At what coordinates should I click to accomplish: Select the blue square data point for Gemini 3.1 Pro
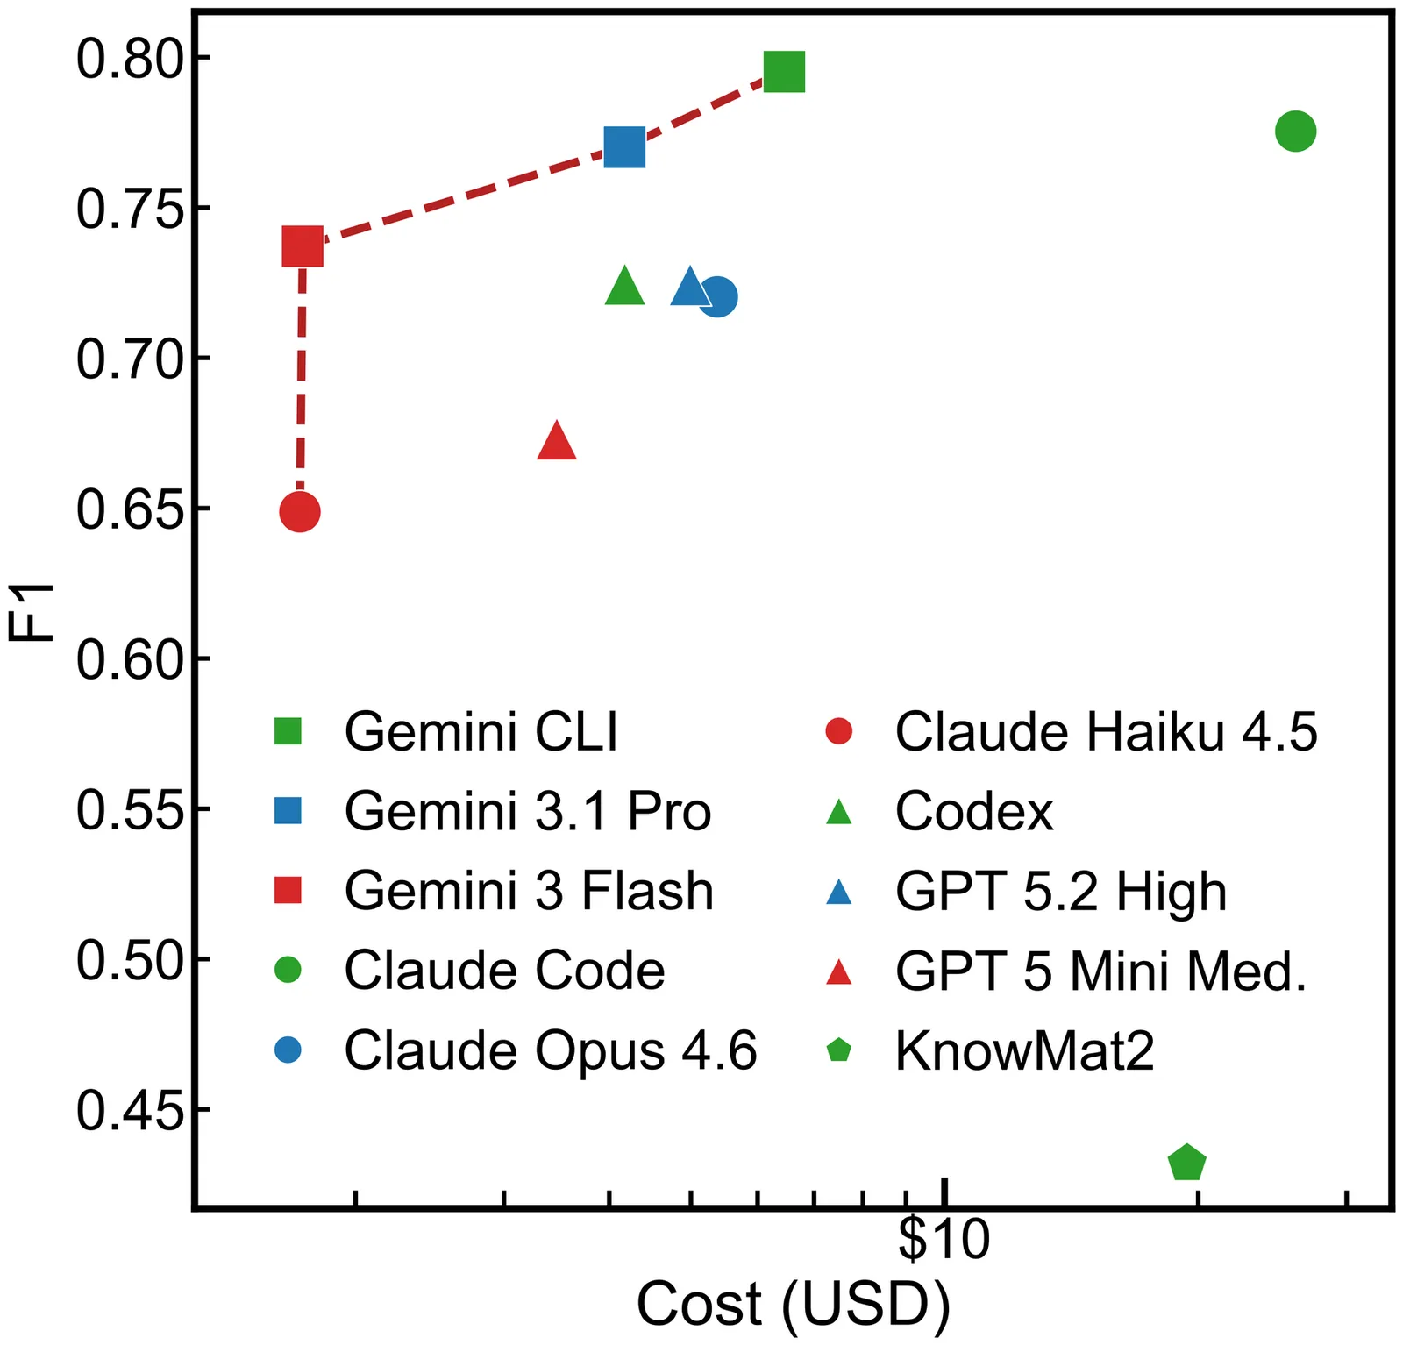[x=624, y=147]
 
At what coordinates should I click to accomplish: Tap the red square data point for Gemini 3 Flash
[x=303, y=246]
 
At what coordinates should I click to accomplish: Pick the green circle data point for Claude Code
[x=1295, y=132]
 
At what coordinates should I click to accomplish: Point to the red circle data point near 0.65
[x=300, y=512]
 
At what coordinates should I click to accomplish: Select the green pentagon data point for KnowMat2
[x=1187, y=1164]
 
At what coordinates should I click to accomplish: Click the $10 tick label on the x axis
[x=944, y=1240]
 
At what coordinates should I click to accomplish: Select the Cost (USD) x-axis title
[x=793, y=1305]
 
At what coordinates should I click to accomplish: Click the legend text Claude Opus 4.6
[x=550, y=1050]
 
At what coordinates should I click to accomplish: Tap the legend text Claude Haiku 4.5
[x=1106, y=731]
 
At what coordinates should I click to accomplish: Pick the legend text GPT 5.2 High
[x=1060, y=892]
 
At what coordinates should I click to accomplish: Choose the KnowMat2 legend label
[x=1024, y=1050]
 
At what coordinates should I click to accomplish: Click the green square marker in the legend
[x=288, y=731]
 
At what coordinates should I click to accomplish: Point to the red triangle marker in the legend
[x=839, y=972]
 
